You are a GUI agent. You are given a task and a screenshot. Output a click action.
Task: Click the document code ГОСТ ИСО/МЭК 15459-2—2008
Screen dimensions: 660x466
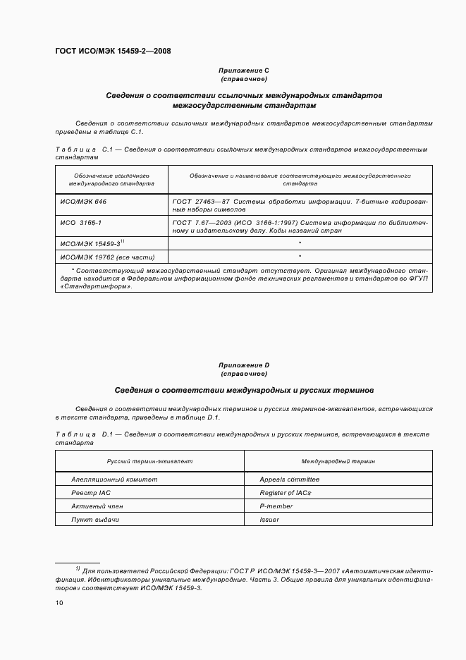[113, 51]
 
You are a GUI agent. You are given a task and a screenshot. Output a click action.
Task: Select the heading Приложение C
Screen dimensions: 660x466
[244, 71]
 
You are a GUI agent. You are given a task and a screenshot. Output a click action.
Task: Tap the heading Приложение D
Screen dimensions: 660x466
[244, 365]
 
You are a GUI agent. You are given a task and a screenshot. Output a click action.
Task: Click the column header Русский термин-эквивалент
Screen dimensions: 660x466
[149, 460]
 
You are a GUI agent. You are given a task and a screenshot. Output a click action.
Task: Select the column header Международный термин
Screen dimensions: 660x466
[338, 460]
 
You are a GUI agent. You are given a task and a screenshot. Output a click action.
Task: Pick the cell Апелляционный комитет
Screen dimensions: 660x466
[114, 479]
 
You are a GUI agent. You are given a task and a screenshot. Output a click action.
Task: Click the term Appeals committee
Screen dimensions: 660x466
[289, 479]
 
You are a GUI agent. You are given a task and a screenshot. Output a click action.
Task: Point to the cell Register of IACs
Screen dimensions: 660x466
[285, 493]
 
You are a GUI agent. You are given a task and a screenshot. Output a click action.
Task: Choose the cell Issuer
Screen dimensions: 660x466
[269, 520]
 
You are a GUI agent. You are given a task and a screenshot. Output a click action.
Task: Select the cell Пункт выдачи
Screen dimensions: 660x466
[95, 520]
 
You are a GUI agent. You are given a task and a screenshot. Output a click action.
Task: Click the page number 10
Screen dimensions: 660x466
[59, 603]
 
